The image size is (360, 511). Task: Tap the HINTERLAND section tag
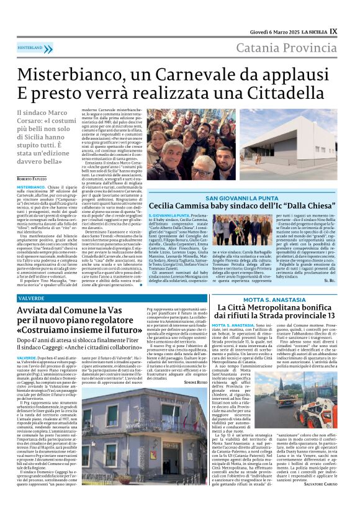coord(30,47)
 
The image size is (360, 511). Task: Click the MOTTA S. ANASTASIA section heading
coord(271,300)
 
